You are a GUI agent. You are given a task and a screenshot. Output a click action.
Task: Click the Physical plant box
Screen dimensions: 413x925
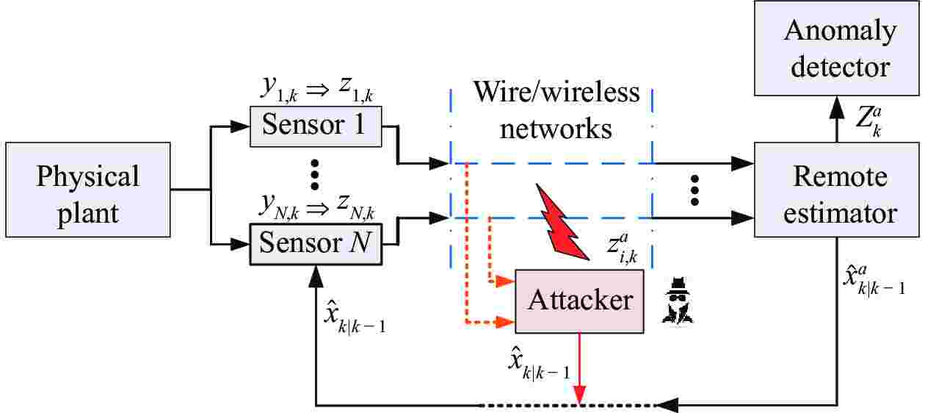88,194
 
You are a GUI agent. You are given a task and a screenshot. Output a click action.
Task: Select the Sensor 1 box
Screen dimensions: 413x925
314,125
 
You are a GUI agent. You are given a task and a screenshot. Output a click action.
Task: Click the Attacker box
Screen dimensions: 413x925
580,300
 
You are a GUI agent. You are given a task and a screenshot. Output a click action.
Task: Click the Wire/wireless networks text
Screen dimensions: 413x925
556,110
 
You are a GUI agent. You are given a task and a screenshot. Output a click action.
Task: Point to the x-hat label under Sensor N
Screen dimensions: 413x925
355,317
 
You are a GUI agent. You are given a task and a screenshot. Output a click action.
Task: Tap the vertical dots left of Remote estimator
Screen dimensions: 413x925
695,191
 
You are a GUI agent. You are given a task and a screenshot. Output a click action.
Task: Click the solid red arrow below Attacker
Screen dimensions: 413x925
580,367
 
